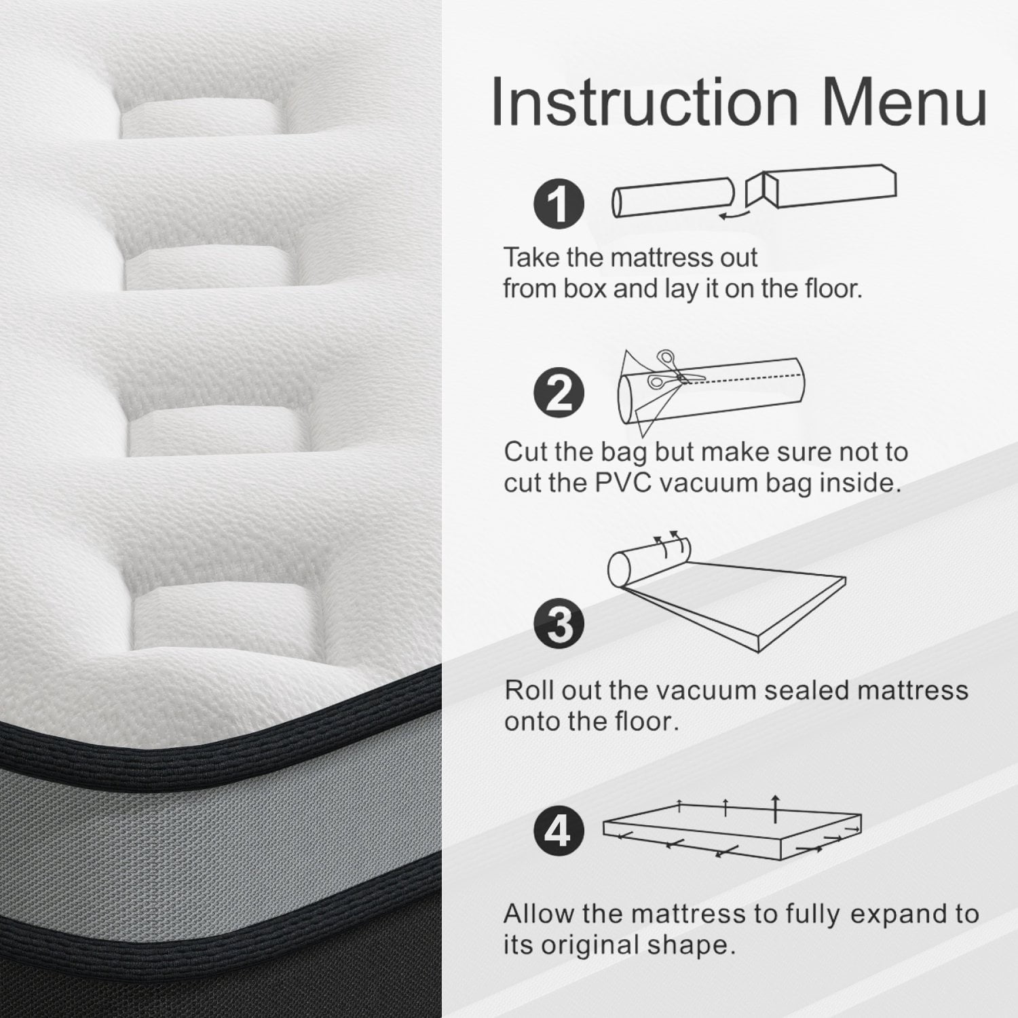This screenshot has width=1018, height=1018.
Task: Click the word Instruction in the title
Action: tap(644, 101)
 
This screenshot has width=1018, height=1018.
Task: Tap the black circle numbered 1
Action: tap(559, 203)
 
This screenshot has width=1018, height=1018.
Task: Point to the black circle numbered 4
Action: tap(559, 831)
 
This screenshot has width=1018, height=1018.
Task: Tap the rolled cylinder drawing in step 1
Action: tap(673, 199)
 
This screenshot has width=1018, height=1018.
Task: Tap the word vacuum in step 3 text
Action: tap(702, 690)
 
